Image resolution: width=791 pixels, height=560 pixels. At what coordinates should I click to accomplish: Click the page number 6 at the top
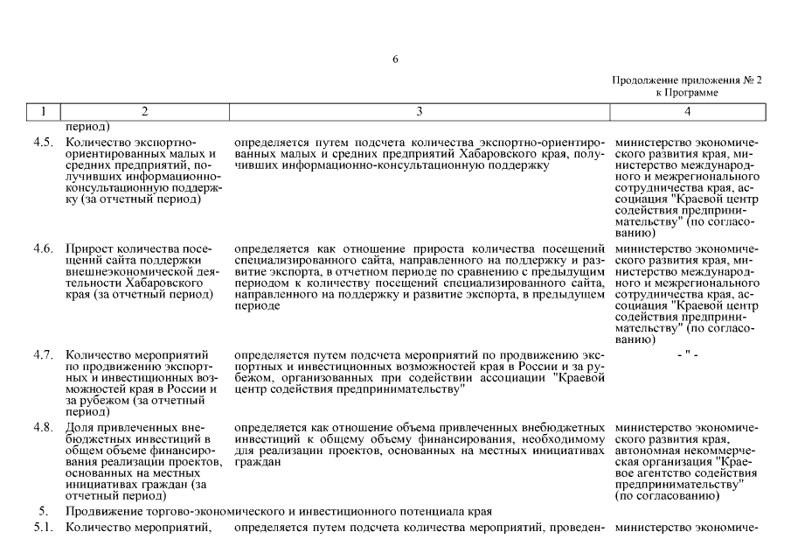click(395, 59)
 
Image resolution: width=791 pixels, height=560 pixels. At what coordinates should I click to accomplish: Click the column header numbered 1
click(43, 111)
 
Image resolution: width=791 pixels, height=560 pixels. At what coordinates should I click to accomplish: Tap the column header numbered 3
click(420, 111)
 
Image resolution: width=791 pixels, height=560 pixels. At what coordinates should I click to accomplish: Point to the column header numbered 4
click(688, 111)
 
